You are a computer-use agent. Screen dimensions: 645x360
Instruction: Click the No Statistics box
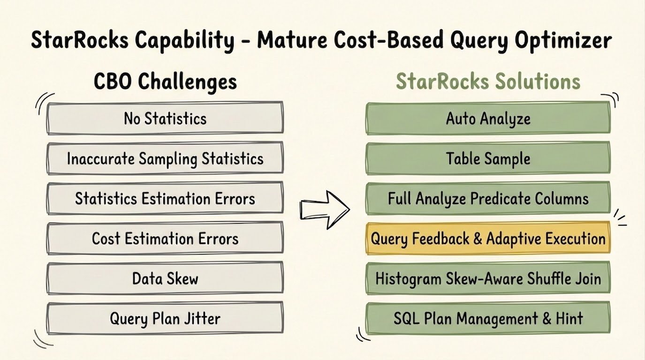tap(165, 118)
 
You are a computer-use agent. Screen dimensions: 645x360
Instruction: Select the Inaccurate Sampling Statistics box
tap(165, 158)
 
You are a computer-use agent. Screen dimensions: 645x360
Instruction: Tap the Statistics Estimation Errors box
tap(165, 198)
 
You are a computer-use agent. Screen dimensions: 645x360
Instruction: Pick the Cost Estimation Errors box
tap(165, 238)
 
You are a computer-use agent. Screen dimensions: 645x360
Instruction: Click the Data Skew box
tap(165, 278)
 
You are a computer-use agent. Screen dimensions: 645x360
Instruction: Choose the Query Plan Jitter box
tap(165, 318)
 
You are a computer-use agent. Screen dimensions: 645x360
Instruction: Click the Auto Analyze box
tap(488, 118)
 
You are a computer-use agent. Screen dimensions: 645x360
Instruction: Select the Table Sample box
tap(488, 158)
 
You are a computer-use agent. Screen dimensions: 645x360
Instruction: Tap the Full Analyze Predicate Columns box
tap(488, 198)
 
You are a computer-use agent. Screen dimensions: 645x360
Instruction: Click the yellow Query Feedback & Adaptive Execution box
tap(488, 238)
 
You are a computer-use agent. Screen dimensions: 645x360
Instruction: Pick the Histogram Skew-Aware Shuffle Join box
tap(488, 278)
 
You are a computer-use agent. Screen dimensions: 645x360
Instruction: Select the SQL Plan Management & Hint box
tap(488, 318)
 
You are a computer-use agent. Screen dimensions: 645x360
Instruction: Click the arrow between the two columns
tap(325, 210)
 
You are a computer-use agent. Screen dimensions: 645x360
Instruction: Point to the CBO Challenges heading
tap(165, 82)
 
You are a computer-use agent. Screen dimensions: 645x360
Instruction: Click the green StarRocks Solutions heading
tap(488, 81)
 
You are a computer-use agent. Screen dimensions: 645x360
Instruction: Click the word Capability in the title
tap(184, 41)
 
